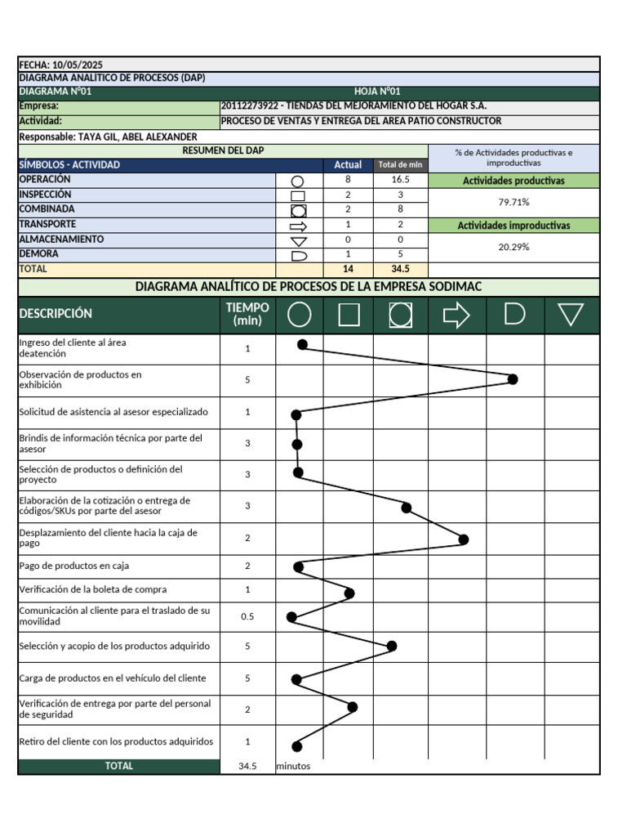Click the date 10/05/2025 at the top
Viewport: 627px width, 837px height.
pyautogui.click(x=77, y=65)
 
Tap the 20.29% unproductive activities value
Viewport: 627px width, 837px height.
pyautogui.click(x=514, y=247)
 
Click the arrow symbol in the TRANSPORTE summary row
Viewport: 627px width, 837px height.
pyautogui.click(x=299, y=226)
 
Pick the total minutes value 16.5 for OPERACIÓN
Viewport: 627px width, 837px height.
pyautogui.click(x=400, y=180)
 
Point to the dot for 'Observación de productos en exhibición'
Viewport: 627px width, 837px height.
pyautogui.click(x=513, y=378)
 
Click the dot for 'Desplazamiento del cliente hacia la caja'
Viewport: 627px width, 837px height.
pyautogui.click(x=464, y=539)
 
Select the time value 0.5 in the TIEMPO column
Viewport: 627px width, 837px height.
pyautogui.click(x=247, y=616)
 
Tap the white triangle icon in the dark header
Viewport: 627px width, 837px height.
pyautogui.click(x=571, y=315)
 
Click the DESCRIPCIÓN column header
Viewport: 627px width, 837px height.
pyautogui.click(x=56, y=314)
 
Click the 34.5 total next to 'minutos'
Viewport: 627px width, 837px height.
pyautogui.click(x=247, y=767)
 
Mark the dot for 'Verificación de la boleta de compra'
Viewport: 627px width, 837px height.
pyautogui.click(x=349, y=593)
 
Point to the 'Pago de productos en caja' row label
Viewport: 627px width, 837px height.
pyautogui.click(x=73, y=566)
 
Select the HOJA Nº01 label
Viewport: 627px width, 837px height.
pyautogui.click(x=377, y=92)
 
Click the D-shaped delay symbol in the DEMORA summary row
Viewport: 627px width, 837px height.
pyautogui.click(x=299, y=256)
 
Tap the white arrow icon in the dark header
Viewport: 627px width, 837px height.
pyautogui.click(x=456, y=315)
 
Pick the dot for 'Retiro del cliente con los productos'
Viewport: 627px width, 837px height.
pyautogui.click(x=296, y=745)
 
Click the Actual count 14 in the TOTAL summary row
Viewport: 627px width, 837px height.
pyautogui.click(x=348, y=269)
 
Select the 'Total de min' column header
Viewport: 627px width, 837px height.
pyautogui.click(x=400, y=165)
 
